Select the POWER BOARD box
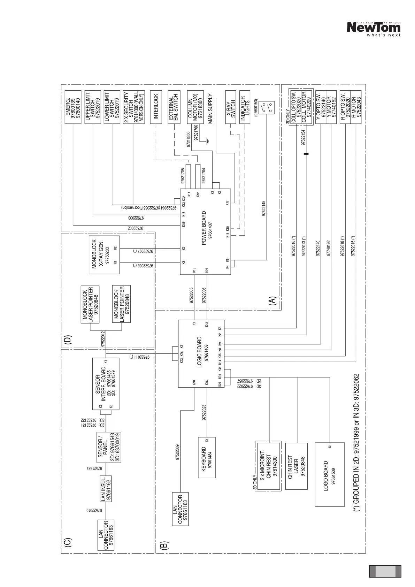pos(205,231)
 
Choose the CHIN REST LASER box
pos(296,466)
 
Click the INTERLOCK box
pos(156,107)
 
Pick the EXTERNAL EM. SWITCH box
pos(174,107)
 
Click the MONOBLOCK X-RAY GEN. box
pos(104,254)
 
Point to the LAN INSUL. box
pos(106,488)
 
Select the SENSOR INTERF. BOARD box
pos(106,384)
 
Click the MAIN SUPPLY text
pos(210,109)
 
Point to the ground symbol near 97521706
pos(207,141)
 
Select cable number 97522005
pos(191,295)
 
